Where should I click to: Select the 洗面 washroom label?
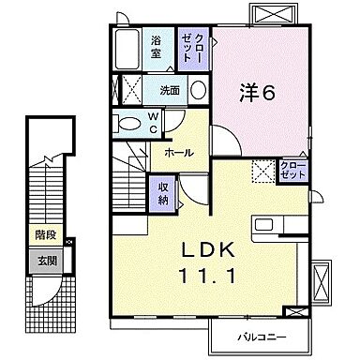tap(169, 91)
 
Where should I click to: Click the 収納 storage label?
tap(162, 191)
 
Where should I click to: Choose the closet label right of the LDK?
tap(292, 170)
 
